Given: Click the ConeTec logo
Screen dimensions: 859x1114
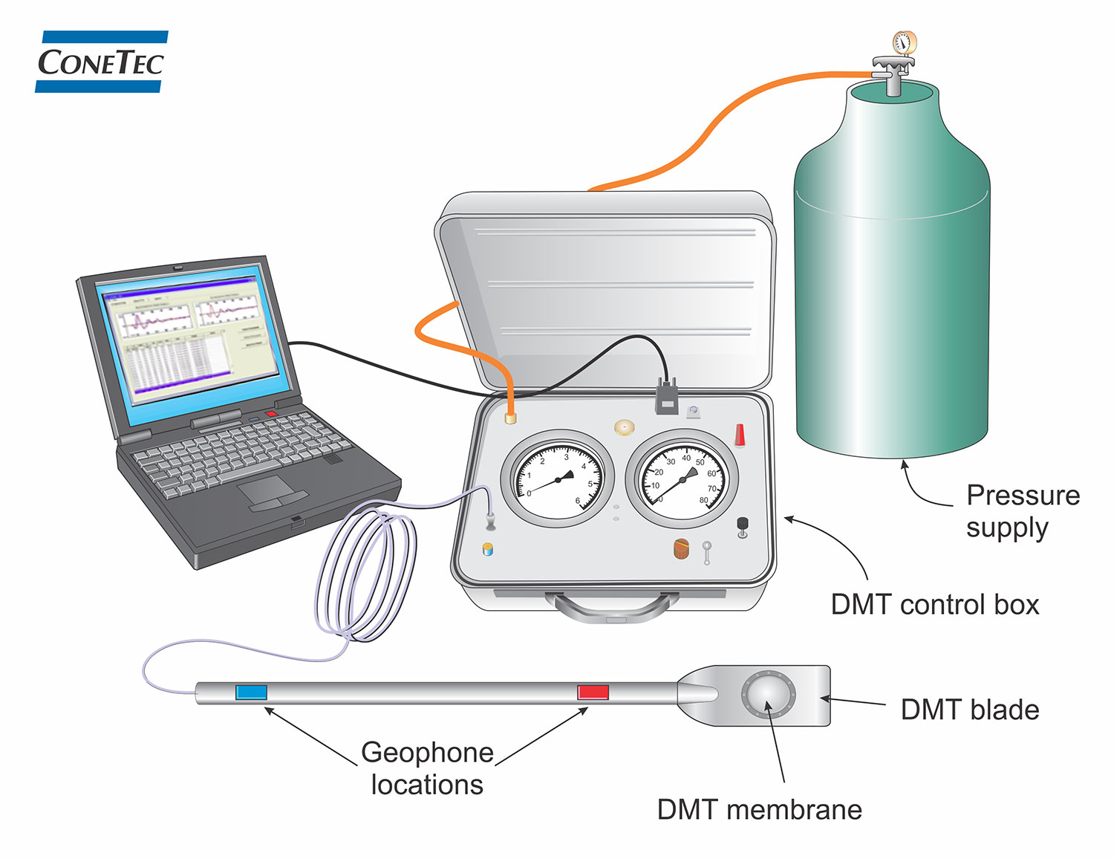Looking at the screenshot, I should tap(101, 62).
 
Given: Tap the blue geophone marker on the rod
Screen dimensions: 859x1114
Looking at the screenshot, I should tap(251, 693).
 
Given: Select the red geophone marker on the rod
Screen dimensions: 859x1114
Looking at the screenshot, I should tap(593, 693).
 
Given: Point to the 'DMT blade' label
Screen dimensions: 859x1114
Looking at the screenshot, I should tap(969, 710).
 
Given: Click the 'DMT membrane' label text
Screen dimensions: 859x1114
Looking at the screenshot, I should tap(759, 809).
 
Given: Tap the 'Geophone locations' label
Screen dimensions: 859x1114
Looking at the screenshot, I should tap(427, 768).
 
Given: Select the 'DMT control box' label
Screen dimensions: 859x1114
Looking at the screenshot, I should tap(934, 604).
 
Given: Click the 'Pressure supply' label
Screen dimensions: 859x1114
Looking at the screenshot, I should tap(1022, 511).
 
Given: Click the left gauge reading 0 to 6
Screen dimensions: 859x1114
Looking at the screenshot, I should tap(558, 479).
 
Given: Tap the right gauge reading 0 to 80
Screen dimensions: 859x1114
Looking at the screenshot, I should tap(683, 479).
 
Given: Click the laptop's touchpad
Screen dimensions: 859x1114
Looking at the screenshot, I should tap(265, 490).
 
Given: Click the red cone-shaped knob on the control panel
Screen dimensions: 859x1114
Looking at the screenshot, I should tap(740, 435).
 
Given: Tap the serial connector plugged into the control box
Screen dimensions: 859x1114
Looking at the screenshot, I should tap(666, 396).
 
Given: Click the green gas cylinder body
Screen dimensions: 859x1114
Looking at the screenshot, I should tap(891, 297).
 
